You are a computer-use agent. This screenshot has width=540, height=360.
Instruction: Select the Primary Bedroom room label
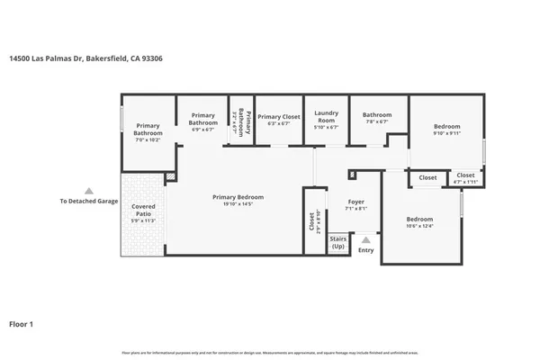(x=238, y=197)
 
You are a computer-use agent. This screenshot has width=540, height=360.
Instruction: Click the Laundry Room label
(x=325, y=117)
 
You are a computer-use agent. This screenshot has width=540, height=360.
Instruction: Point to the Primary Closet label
(x=278, y=116)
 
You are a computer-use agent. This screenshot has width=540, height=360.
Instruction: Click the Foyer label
(x=355, y=202)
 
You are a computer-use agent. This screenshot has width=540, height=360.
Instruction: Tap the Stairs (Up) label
(x=338, y=243)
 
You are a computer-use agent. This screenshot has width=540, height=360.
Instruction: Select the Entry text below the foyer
(x=365, y=250)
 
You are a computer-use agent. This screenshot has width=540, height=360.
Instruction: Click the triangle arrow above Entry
(x=365, y=240)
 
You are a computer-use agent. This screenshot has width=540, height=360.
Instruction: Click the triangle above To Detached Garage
(x=88, y=191)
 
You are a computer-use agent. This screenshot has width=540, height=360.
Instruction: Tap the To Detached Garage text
(x=88, y=202)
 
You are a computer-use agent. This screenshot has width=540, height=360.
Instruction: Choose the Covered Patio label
(x=143, y=210)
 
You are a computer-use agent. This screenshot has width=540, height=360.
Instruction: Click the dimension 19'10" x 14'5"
(x=238, y=204)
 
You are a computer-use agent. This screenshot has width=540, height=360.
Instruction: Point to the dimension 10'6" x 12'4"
(x=419, y=227)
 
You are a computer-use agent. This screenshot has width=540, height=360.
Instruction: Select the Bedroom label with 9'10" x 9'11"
(x=446, y=126)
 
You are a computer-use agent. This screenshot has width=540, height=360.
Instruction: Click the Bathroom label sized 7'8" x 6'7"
(x=377, y=115)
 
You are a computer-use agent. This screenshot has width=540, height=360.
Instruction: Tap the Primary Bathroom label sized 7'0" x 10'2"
(x=148, y=130)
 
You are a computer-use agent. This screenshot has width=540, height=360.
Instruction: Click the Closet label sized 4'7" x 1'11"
(x=465, y=175)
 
